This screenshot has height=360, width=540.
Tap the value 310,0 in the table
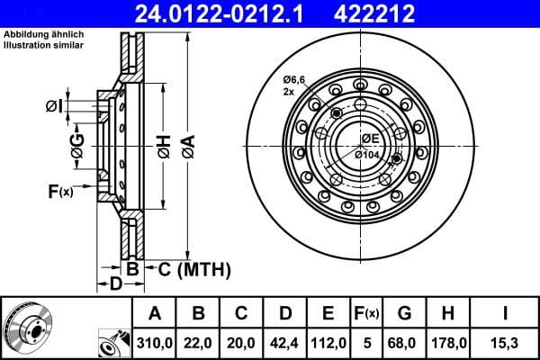[x=154, y=343]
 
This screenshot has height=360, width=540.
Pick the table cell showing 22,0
[x=198, y=343]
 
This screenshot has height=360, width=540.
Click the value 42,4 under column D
[x=284, y=343]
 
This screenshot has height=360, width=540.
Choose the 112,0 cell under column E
[x=328, y=343]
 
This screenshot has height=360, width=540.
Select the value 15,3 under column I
[x=506, y=343]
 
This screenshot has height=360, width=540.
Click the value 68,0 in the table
[x=405, y=343]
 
